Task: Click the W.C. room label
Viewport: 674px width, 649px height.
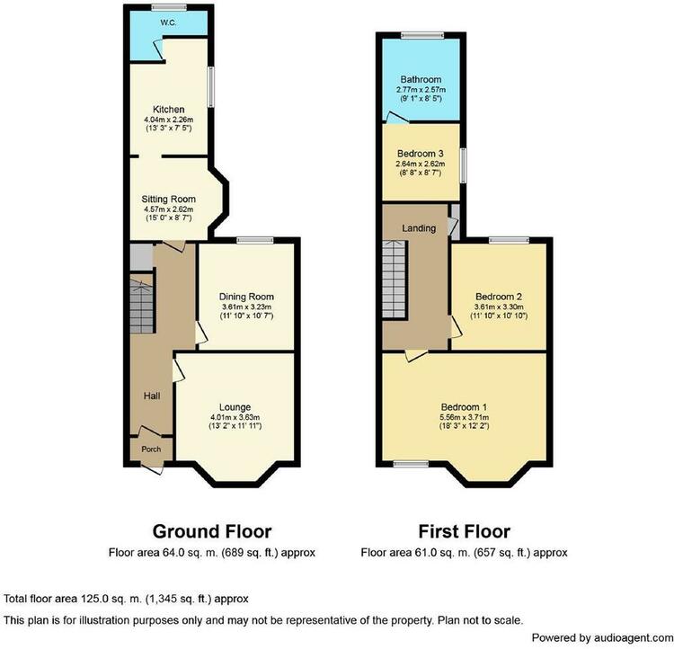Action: click(168, 22)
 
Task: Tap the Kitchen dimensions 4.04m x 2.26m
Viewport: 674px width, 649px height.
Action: click(169, 120)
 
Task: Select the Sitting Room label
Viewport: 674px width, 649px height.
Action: click(169, 200)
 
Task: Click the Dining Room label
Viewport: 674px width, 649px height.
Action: click(246, 297)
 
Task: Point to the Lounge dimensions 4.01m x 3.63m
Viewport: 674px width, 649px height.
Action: click(235, 417)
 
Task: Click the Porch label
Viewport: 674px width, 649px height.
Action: click(151, 449)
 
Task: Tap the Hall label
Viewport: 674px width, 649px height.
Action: click(152, 396)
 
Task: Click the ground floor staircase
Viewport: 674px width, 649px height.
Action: click(141, 304)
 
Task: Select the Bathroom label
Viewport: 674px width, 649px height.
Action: click(421, 80)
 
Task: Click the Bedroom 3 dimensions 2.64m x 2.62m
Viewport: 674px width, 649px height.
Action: click(421, 164)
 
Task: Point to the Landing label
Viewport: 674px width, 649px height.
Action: click(419, 228)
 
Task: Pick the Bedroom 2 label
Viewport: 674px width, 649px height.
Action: click(499, 297)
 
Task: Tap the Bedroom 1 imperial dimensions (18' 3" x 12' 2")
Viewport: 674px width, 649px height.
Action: click(465, 426)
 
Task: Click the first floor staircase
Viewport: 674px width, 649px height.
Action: click(395, 280)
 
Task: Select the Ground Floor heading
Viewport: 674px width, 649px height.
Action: click(212, 531)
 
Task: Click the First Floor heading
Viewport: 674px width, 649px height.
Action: click(465, 531)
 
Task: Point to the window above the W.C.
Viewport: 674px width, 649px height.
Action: click(169, 7)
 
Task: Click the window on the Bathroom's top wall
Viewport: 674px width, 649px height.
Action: click(422, 35)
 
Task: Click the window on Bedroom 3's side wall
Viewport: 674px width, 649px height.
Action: click(463, 165)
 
